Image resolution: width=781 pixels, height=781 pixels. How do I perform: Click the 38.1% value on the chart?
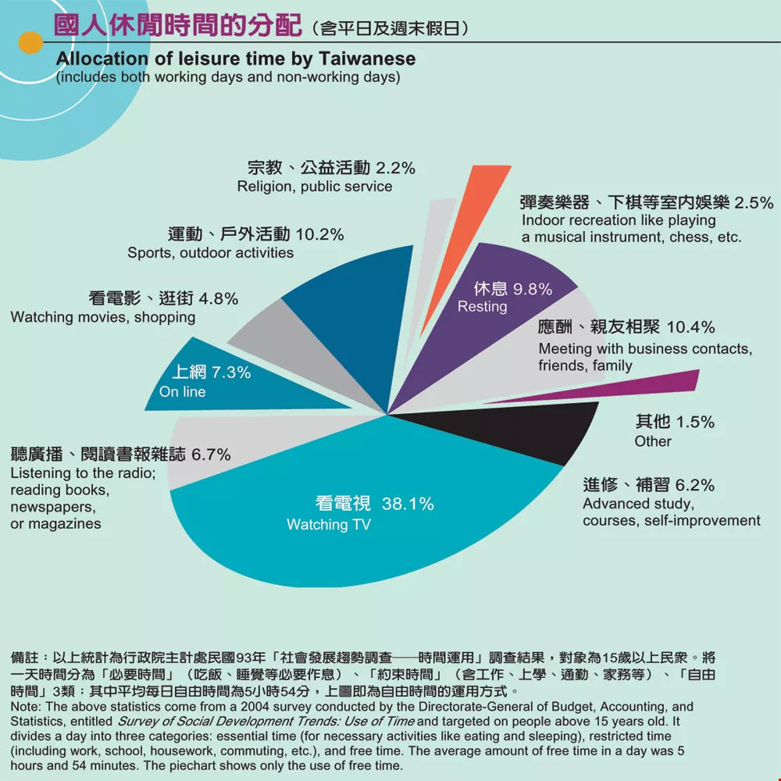click(408, 504)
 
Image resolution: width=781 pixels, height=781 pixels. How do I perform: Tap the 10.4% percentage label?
click(691, 327)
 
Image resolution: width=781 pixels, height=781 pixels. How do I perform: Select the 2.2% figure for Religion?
click(395, 167)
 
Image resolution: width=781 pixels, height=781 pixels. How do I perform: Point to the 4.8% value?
click(219, 298)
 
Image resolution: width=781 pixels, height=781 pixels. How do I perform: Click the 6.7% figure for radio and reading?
click(211, 455)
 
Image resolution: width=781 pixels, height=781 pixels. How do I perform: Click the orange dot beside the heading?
click(30, 42)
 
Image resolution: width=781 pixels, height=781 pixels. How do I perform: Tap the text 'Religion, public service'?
click(315, 187)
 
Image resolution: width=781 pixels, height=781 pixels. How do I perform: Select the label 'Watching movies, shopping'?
click(103, 317)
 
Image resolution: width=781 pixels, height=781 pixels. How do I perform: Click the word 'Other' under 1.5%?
click(653, 441)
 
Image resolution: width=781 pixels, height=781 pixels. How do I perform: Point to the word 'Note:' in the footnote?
click(28, 707)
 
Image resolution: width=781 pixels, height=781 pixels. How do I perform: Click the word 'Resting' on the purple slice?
click(482, 307)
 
